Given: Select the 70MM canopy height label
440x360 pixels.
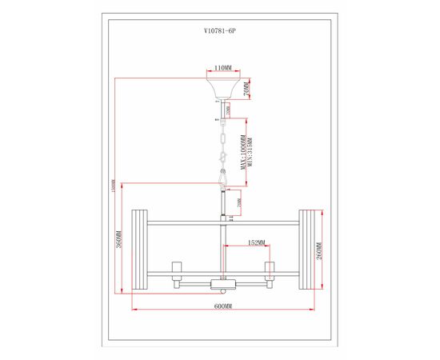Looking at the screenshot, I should (249, 90).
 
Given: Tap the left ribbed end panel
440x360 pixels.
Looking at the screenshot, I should (137, 250).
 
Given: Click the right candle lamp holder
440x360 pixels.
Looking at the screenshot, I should (270, 266).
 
